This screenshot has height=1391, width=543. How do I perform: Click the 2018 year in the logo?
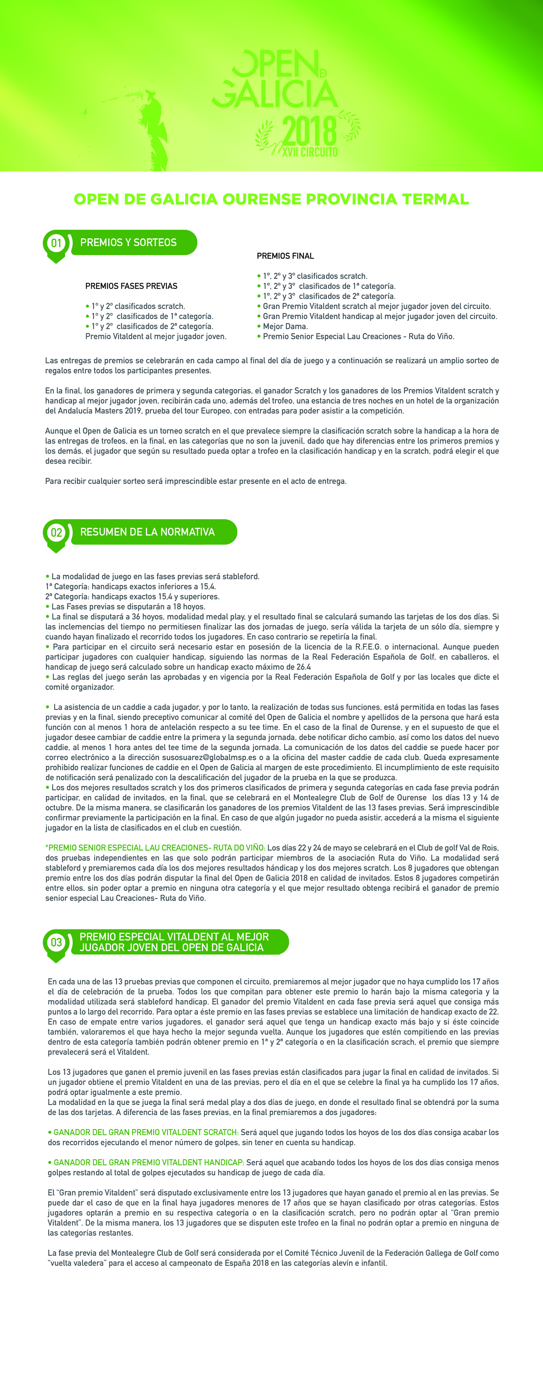[309, 131]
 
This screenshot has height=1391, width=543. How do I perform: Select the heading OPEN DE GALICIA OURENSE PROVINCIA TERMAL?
[271, 199]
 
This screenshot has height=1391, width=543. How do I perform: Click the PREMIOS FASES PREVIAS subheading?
[131, 286]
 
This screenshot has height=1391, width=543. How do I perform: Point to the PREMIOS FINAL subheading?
[285, 256]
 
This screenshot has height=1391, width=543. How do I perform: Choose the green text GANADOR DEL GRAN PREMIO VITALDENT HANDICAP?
[149, 1163]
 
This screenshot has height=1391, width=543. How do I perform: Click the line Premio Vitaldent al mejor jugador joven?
[156, 337]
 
